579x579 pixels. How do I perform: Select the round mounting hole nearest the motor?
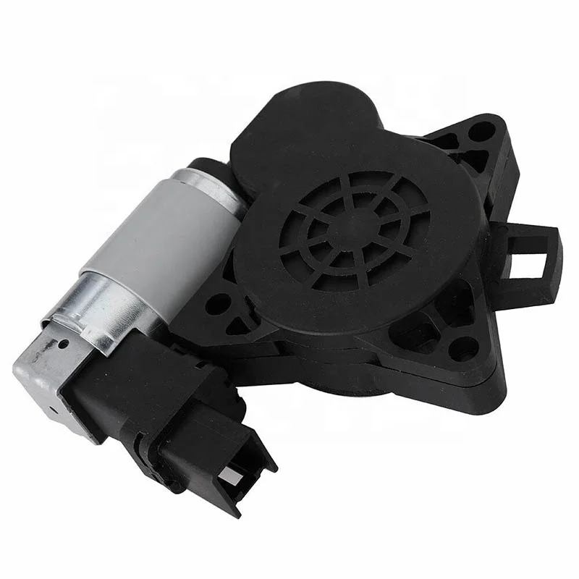(216, 303)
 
